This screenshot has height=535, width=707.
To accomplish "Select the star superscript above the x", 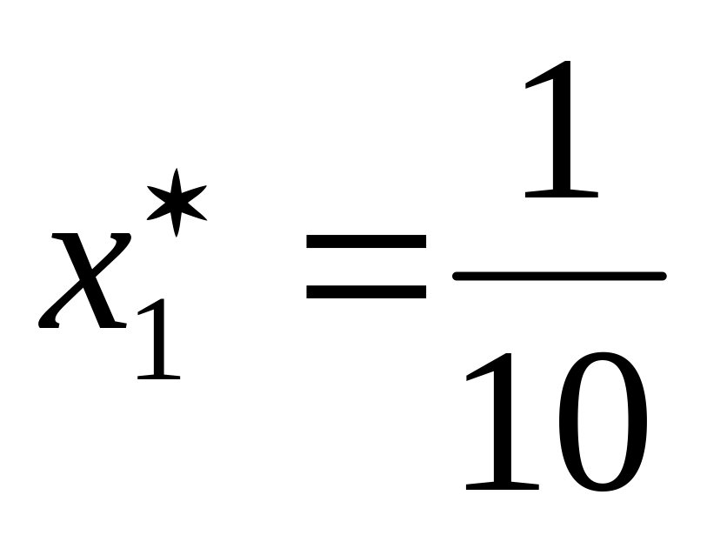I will (x=177, y=202).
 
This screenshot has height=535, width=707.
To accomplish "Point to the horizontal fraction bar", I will (x=559, y=276).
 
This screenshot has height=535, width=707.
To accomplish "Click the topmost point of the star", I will (x=177, y=171).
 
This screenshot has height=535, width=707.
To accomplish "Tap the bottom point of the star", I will (x=177, y=235).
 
